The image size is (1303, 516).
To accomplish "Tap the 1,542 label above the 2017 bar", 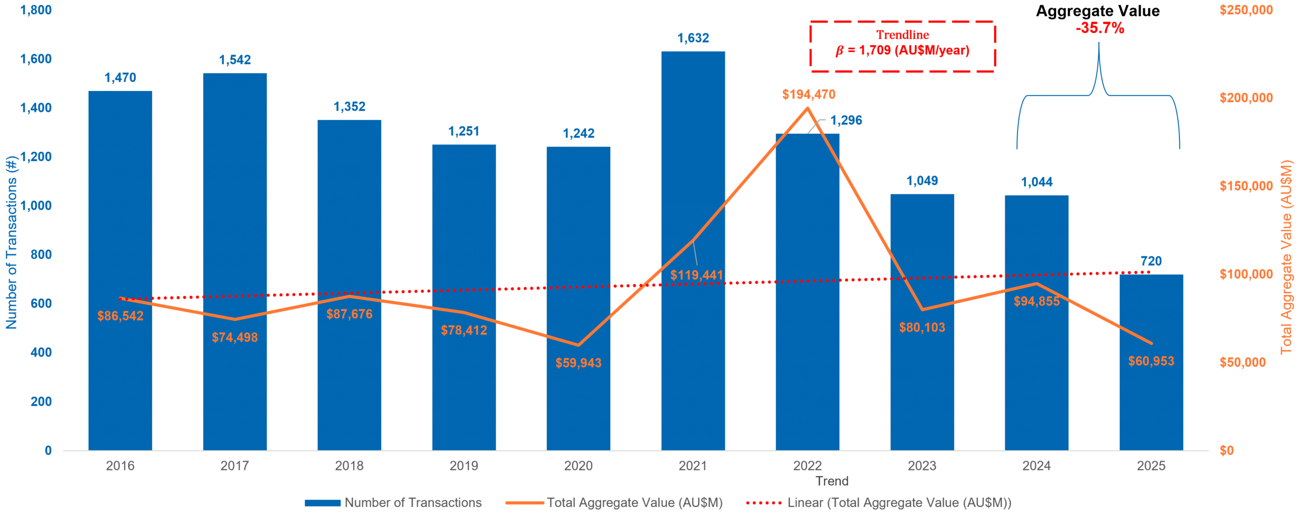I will [x=235, y=60].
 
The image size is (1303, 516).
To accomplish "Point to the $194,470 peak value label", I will [x=808, y=95].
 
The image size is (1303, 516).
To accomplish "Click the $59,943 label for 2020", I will [x=578, y=363].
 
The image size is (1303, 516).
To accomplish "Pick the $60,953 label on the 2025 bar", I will [x=1151, y=361].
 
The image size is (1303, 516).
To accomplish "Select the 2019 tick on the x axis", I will [x=464, y=466].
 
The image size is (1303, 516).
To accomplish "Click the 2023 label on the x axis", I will [x=922, y=466].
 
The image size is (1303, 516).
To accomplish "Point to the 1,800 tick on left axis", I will [x=36, y=10].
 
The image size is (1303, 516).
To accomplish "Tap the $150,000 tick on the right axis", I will [x=1246, y=186].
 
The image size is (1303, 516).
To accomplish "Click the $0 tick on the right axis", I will [x=1227, y=450].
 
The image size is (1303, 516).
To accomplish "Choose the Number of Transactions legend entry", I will [x=393, y=503].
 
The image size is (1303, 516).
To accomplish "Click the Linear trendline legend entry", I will [x=879, y=503].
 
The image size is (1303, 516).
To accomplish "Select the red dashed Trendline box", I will [x=902, y=46].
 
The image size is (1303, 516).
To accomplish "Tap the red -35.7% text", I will [x=1099, y=28].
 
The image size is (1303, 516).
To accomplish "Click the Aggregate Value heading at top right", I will [x=1098, y=11].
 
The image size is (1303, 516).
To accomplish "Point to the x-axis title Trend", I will [x=832, y=481].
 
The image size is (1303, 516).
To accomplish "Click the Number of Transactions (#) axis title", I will [x=11, y=242].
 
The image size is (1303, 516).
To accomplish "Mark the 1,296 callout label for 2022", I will [x=846, y=121].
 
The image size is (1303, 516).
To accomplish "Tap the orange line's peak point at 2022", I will [x=808, y=108].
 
